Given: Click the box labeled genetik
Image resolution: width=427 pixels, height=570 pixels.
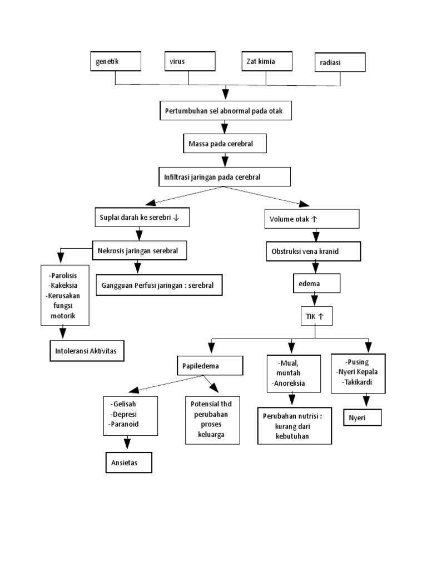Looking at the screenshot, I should (x=115, y=61).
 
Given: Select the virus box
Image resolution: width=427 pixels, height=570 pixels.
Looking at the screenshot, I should (x=189, y=61).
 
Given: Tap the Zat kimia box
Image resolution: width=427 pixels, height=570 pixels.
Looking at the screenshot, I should (x=266, y=61).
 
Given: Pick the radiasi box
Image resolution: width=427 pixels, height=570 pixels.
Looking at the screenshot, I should (x=340, y=62).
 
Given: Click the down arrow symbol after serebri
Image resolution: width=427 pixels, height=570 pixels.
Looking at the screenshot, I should (x=177, y=218).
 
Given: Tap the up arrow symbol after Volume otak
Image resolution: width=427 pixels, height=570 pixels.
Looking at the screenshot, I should (x=315, y=219).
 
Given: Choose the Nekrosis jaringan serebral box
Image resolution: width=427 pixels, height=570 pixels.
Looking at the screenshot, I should (x=140, y=251).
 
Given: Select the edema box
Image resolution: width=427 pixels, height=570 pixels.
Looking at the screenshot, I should (x=315, y=284).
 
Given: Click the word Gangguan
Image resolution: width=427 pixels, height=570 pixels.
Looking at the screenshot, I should (x=119, y=285).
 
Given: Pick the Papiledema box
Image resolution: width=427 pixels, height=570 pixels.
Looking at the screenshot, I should (x=210, y=366).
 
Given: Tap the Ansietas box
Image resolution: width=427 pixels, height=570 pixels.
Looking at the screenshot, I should (x=128, y=463).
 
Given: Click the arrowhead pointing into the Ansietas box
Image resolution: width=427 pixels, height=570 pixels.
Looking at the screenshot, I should (x=127, y=444).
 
